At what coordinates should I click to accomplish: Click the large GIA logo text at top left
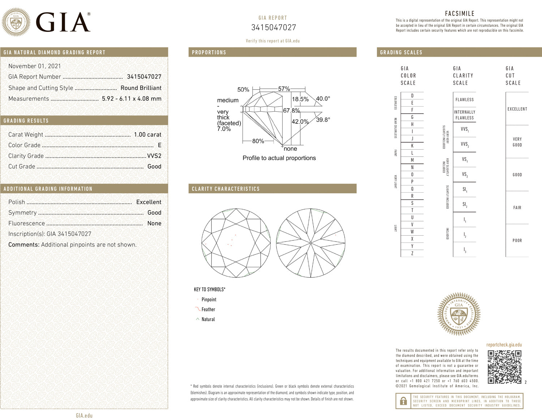pos(63,22)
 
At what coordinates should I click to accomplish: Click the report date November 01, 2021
pos(35,66)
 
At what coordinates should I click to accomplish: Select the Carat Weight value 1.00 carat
pos(147,134)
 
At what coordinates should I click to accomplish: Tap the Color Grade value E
pos(159,145)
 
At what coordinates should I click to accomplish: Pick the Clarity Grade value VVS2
pos(154,156)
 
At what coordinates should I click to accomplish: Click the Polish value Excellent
pos(149,202)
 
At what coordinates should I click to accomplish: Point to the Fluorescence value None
pos(154,223)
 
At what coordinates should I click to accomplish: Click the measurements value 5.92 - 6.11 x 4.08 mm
pos(132,99)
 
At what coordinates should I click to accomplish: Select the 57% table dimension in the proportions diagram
pos(284,89)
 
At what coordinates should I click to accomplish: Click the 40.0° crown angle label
pos(323,99)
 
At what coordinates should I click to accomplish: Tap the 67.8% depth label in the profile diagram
pos(291,111)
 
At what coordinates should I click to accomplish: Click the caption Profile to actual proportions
pos(279,158)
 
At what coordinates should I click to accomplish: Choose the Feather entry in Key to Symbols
pos(208,309)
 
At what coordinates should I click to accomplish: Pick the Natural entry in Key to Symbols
pos(208,319)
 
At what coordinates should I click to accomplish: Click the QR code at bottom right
pos(504,367)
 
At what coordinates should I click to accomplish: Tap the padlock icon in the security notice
pos(403,401)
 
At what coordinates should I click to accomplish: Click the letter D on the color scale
pos(412,96)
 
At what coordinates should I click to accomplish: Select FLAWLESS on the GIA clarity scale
pos(464,100)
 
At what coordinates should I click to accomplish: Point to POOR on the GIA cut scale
pos(517,240)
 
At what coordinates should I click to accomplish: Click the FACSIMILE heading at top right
pos(460,13)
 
